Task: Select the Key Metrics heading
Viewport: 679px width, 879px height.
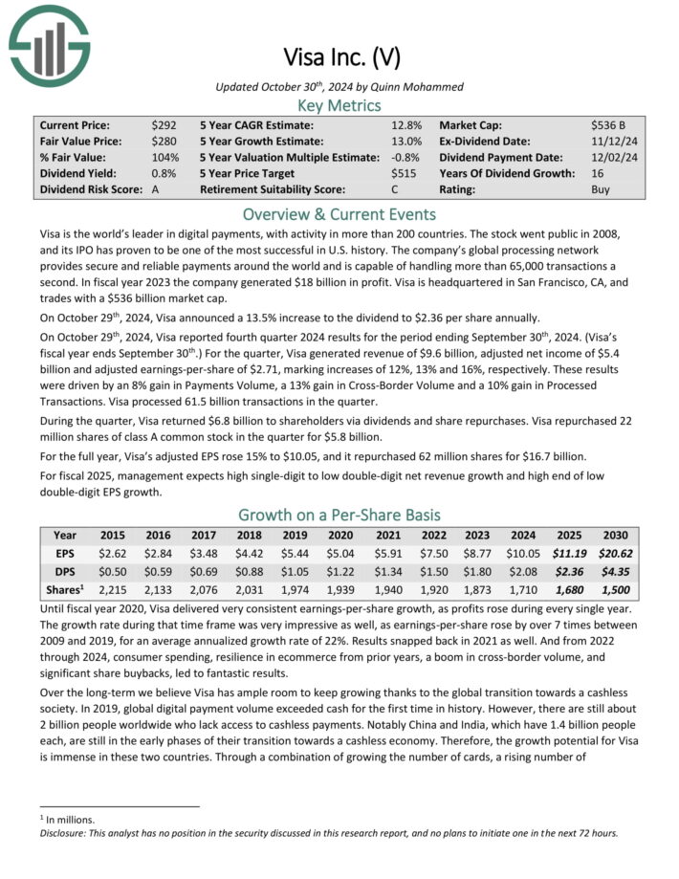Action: [339, 105]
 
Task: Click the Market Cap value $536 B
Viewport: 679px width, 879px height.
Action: [608, 125]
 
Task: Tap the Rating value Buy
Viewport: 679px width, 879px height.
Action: [601, 189]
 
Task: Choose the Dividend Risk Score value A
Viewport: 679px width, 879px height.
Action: [156, 189]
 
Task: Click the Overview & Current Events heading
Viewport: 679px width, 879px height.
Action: [339, 213]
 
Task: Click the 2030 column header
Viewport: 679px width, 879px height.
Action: [614, 535]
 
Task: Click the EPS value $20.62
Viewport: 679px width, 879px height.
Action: [614, 552]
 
